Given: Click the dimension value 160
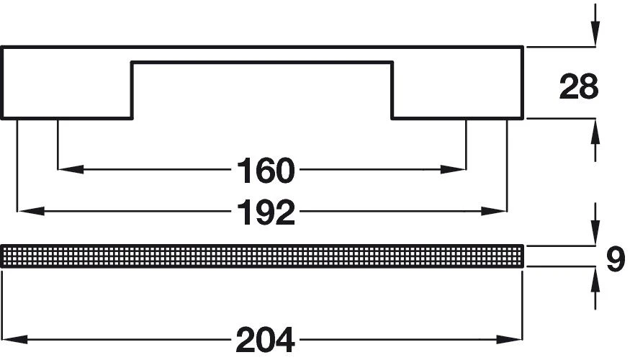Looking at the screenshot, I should click(x=266, y=171).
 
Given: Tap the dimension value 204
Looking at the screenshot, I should click(x=265, y=338).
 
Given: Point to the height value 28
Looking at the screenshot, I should click(x=579, y=88).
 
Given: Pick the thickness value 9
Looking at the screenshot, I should click(x=614, y=260).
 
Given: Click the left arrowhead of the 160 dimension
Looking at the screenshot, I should click(x=69, y=171).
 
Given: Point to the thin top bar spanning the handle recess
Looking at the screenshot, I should click(x=262, y=55).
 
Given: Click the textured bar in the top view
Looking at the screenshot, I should click(x=262, y=256).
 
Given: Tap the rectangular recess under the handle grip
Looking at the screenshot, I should click(x=262, y=90).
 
